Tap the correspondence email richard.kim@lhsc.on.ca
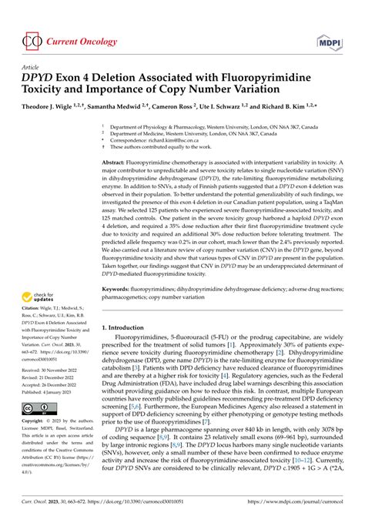(170, 141)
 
